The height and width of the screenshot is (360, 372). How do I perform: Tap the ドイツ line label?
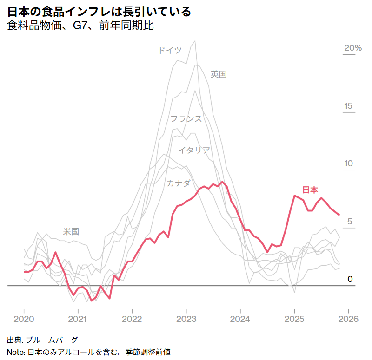coord(170,50)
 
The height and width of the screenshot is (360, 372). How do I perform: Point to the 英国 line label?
coord(219,74)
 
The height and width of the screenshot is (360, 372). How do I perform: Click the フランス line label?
coord(186,118)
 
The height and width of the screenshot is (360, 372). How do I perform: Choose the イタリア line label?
coord(194,150)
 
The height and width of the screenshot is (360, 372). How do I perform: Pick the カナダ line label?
coord(179,183)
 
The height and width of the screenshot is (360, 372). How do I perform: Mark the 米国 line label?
coord(71,231)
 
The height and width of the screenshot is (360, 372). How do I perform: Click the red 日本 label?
coord(310,190)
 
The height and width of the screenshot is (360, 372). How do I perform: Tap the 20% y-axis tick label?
coord(352,48)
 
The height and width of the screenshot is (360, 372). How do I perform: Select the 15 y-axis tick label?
coord(348,106)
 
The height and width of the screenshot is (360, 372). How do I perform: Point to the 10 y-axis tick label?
coord(348,164)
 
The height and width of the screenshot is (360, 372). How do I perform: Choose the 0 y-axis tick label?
coord(351,279)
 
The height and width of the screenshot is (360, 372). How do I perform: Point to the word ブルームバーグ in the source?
coord(52,340)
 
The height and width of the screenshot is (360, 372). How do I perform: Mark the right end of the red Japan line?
coord(339,215)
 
